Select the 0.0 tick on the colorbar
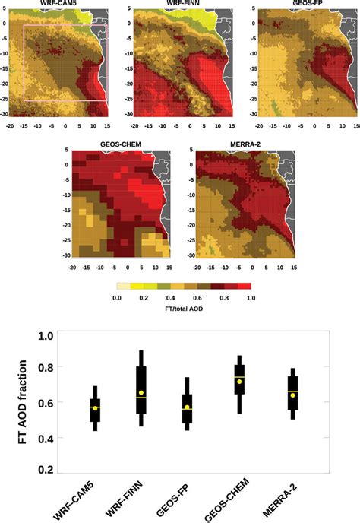point(117,299)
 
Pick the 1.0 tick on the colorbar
point(250,299)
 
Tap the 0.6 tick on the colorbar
point(197,299)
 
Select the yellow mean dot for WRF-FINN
point(141,393)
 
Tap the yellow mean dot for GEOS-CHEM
point(239,382)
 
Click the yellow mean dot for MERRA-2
point(293,395)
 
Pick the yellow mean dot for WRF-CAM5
point(95,408)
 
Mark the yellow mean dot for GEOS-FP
point(187,407)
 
